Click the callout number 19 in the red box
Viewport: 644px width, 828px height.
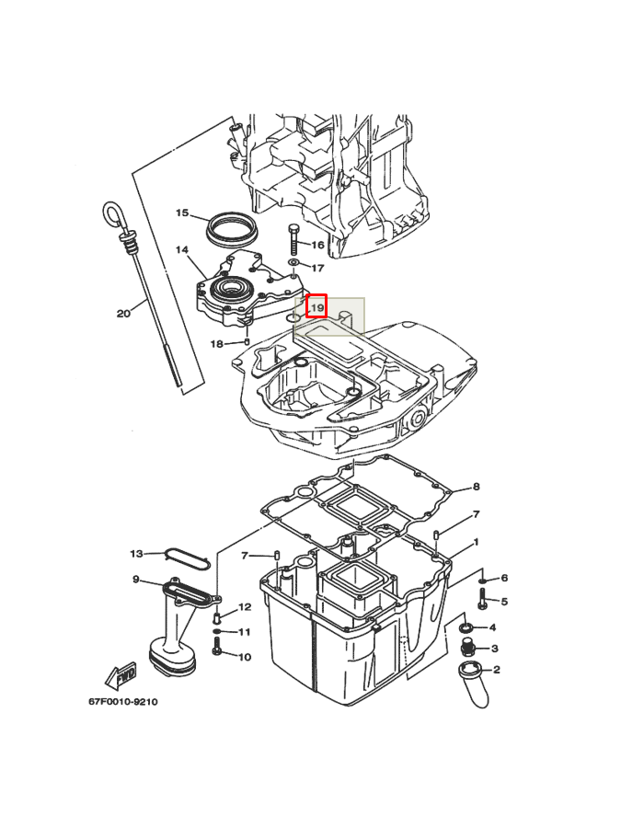click(316, 307)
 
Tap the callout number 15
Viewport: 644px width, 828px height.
click(182, 213)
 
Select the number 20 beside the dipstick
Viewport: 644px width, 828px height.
click(123, 314)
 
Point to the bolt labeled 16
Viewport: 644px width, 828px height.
click(294, 240)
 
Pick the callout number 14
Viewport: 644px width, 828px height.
click(182, 249)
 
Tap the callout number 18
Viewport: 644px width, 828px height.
click(217, 344)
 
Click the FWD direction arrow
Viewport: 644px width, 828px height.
click(121, 676)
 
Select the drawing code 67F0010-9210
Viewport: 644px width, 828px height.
click(122, 702)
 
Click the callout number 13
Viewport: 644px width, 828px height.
click(137, 554)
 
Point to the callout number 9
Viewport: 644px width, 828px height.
click(135, 580)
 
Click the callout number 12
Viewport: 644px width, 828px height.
click(245, 607)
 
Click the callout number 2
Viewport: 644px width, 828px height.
click(496, 670)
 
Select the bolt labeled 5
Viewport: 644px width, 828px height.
click(482, 598)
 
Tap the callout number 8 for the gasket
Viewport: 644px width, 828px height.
click(477, 487)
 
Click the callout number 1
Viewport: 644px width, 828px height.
click(477, 542)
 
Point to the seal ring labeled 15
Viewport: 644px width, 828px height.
click(231, 228)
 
